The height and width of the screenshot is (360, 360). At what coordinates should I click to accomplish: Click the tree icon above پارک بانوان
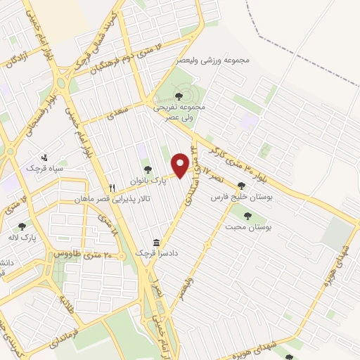pyautogui.click(x=148, y=169)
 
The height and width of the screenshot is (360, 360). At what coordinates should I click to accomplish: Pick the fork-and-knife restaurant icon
pyautogui.click(x=112, y=188)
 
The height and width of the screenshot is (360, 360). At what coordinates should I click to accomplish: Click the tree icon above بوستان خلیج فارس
pyautogui.click(x=241, y=186)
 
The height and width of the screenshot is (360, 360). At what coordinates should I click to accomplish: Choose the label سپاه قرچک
pyautogui.click(x=45, y=169)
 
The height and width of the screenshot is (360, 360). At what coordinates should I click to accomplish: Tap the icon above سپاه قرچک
pyautogui.click(x=45, y=157)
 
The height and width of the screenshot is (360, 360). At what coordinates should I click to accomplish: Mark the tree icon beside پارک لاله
pyautogui.click(x=22, y=227)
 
